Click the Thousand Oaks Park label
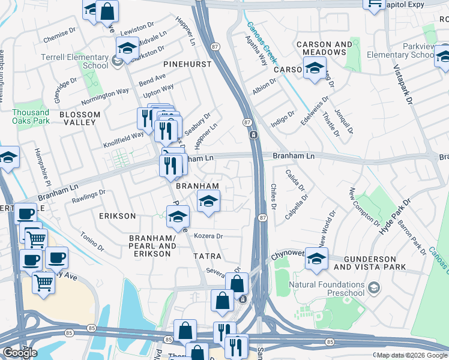point(31,116)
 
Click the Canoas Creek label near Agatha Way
point(262,43)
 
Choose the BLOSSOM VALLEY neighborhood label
point(77,118)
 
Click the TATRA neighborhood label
point(207,256)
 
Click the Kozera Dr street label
point(208,236)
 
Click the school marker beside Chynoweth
point(316,259)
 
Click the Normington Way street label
point(105,96)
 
